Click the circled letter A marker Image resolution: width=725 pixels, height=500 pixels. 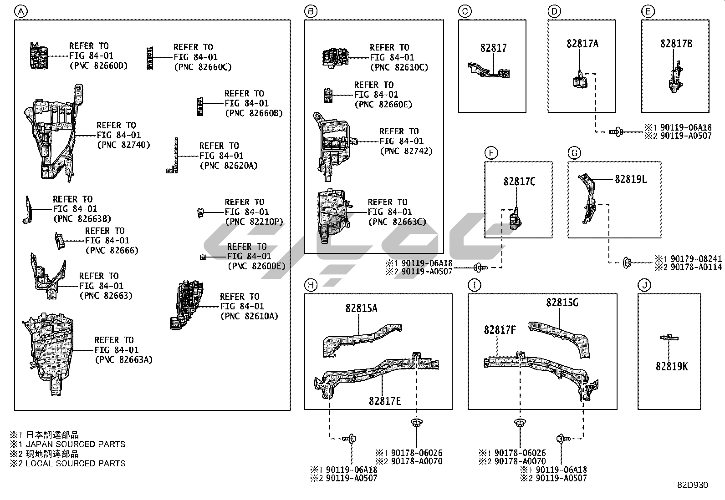20,11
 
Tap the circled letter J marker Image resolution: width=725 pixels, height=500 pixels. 644,285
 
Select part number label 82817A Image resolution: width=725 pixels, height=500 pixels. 582,44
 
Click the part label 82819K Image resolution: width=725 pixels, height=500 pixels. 672,366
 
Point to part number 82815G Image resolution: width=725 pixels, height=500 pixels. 562,302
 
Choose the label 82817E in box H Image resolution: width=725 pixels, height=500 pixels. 385,400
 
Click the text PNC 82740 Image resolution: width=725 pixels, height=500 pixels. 123,145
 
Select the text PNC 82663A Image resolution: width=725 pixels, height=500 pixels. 123,360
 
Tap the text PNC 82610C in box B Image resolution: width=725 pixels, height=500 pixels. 399,67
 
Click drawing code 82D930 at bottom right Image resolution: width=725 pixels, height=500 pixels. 692,485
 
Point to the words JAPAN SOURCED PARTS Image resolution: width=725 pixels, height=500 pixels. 75,444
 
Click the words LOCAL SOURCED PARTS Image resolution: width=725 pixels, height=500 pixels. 75,464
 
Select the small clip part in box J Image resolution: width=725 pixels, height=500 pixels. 669,338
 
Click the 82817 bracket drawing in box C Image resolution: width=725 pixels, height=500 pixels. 490,71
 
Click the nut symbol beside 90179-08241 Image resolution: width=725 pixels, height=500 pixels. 627,262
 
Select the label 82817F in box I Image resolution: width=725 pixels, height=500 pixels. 500,329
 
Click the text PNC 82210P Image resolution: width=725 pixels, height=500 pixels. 254,222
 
